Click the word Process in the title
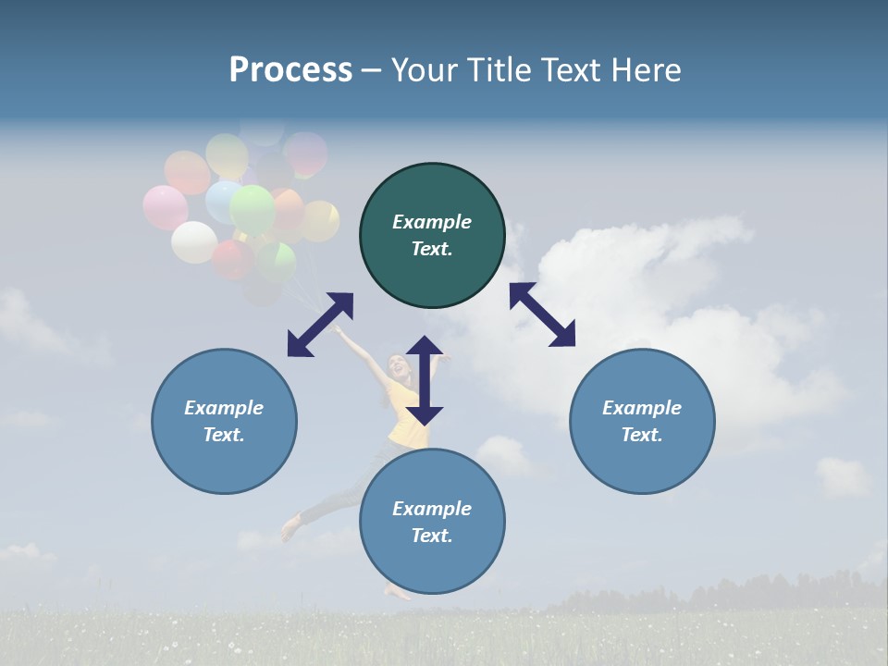pyautogui.click(x=290, y=70)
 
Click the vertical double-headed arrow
pyautogui.click(x=425, y=380)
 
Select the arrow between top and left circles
pyautogui.click(x=320, y=324)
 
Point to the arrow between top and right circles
pyautogui.click(x=542, y=314)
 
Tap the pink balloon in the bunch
pyautogui.click(x=165, y=207)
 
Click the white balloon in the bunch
pyautogui.click(x=194, y=242)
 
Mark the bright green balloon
pyautogui.click(x=253, y=209)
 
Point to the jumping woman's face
pyautogui.click(x=399, y=366)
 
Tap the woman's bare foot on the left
pyautogui.click(x=290, y=529)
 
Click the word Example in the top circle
pyautogui.click(x=432, y=222)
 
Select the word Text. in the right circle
pyautogui.click(x=642, y=435)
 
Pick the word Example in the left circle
pyautogui.click(x=224, y=408)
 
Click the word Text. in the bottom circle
pyautogui.click(x=432, y=536)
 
